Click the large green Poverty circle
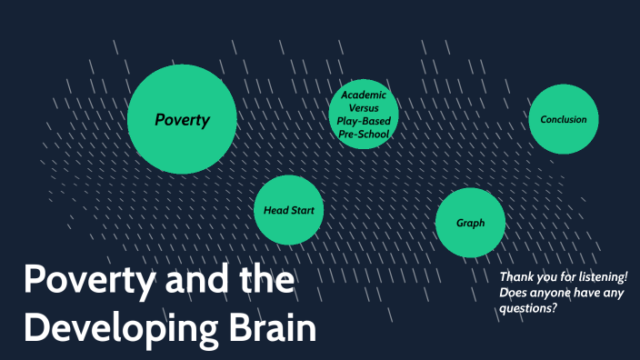pyautogui.click(x=182, y=119)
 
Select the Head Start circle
pyautogui.click(x=288, y=210)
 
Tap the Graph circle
pyautogui.click(x=470, y=223)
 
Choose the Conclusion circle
pyautogui.click(x=564, y=119)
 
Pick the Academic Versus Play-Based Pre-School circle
pyautogui.click(x=364, y=114)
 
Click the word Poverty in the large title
pyautogui.click(x=88, y=281)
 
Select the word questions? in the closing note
pyautogui.click(x=528, y=307)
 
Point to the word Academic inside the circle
pyautogui.click(x=364, y=95)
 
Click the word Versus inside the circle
pyautogui.click(x=364, y=107)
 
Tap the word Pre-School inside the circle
pyautogui.click(x=364, y=134)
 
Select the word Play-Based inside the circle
pyautogui.click(x=364, y=120)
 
